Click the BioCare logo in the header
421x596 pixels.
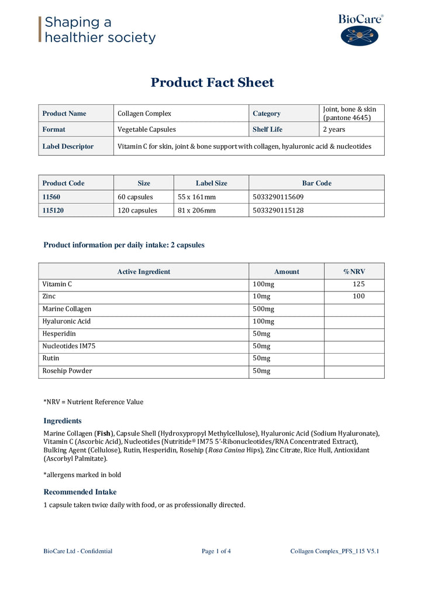(360, 30)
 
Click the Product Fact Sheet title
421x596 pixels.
(212, 83)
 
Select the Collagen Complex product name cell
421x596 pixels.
(144, 114)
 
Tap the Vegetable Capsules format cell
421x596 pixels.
(146, 129)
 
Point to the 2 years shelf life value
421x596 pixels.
(334, 129)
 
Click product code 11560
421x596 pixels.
(55, 197)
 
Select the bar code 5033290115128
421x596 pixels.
(278, 210)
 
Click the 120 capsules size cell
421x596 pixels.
(137, 210)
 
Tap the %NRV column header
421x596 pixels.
(354, 272)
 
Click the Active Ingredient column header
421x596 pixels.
(144, 272)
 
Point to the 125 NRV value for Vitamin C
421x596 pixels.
(358, 284)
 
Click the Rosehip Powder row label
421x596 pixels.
(67, 371)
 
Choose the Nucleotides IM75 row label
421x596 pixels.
(68, 346)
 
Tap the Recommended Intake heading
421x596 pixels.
(80, 492)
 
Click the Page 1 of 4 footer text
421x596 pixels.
(216, 551)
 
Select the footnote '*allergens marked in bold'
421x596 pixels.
(82, 475)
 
